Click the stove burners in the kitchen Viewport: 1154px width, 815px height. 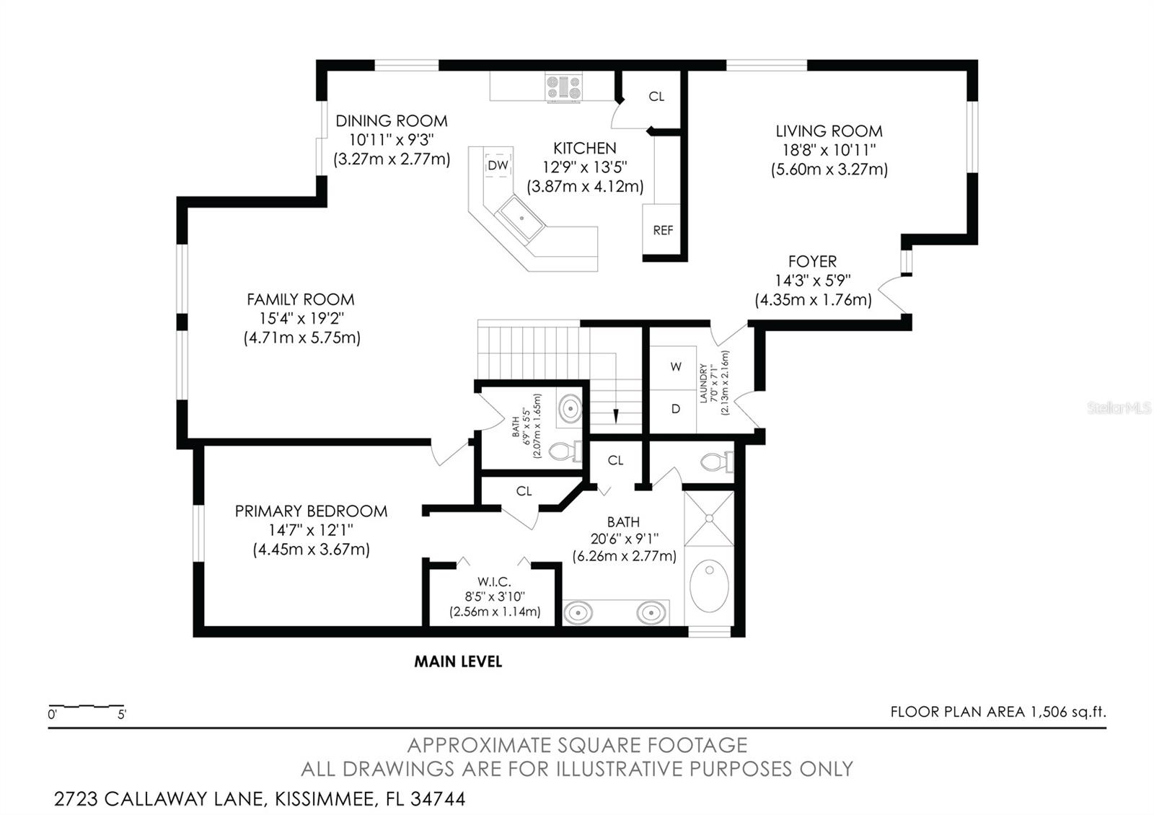(x=563, y=87)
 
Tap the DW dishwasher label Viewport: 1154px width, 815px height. (x=498, y=165)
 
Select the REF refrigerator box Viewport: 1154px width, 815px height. (x=662, y=229)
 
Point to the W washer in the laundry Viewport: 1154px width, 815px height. (x=676, y=366)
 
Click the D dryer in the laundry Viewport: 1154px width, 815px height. (x=676, y=409)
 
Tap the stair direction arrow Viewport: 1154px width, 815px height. (x=616, y=415)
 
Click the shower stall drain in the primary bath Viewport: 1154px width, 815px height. (x=709, y=518)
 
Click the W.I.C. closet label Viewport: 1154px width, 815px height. (x=494, y=581)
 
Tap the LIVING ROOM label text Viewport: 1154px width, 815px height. (x=829, y=131)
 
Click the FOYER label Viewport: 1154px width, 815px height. (x=812, y=262)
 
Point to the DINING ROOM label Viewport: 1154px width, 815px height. (x=391, y=121)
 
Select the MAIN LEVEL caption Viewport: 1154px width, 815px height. (x=458, y=661)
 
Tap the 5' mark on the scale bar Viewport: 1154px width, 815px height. (x=122, y=715)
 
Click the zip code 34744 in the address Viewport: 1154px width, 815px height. (x=438, y=799)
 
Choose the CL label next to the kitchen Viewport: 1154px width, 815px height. (x=656, y=97)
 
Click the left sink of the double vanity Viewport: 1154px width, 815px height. (x=578, y=613)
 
